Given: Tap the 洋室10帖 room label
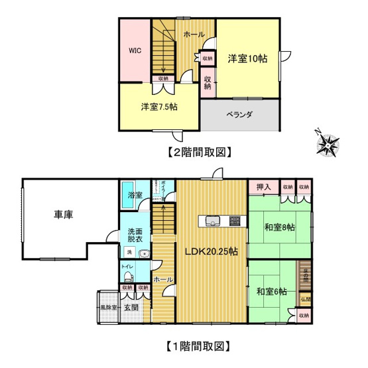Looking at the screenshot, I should click(x=248, y=58).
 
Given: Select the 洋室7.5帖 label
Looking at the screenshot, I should click(x=158, y=107).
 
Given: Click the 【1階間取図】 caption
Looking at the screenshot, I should click(x=198, y=345).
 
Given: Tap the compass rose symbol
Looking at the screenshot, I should click(x=328, y=143).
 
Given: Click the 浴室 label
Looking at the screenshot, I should click(x=135, y=196).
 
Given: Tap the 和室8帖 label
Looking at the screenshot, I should click(x=280, y=228).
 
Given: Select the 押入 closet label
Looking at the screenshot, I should click(x=263, y=188).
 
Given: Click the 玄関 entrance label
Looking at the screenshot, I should click(x=131, y=307).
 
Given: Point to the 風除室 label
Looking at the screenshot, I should click(x=108, y=308).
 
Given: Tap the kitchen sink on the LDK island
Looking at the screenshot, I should click(x=214, y=221).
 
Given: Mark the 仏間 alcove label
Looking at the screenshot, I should click(x=304, y=300).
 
